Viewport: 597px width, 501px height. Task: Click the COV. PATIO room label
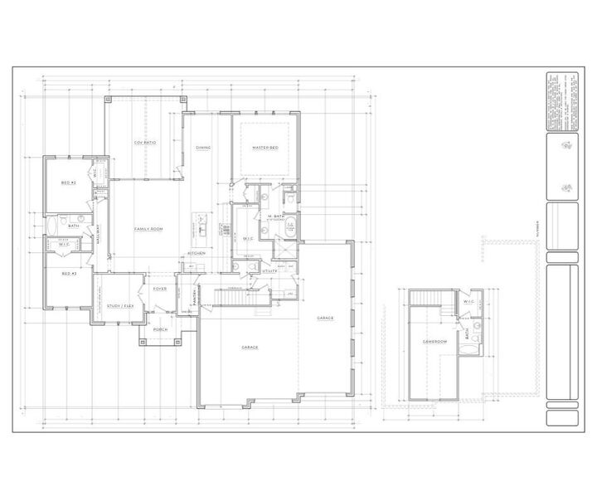[x=145, y=143]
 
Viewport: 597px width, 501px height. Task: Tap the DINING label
[x=203, y=148]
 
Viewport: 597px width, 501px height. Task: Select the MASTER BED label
[x=265, y=148]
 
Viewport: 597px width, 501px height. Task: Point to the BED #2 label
[x=69, y=182]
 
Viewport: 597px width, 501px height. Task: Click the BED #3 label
[x=69, y=273]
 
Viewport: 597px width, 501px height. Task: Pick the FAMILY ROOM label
[x=149, y=228]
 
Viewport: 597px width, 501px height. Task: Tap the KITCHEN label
[x=197, y=252]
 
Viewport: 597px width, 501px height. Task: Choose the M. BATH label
[x=276, y=216]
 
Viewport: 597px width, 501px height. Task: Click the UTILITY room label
[x=270, y=270]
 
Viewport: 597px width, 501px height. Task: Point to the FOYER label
[x=160, y=289]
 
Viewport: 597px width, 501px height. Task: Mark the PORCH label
[x=160, y=329]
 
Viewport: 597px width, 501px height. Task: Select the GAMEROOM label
[x=434, y=341]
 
